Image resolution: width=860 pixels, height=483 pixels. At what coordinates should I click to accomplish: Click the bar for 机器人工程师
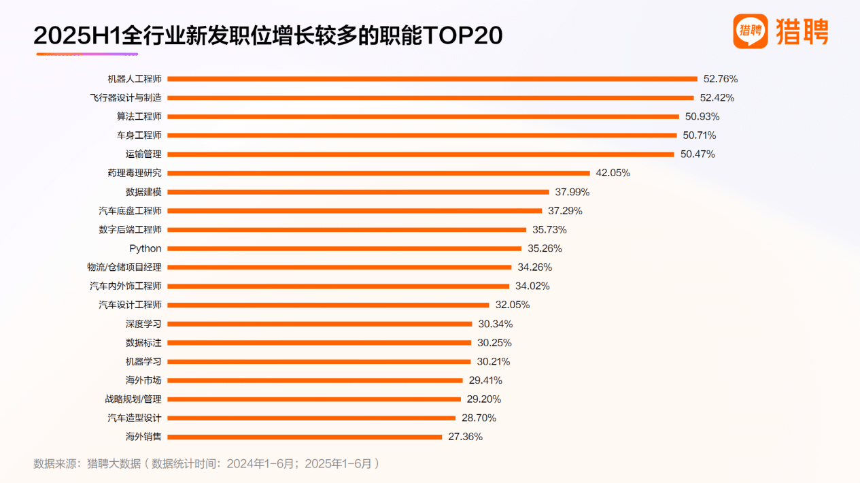432,79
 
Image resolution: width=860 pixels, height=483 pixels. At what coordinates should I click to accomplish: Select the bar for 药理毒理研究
379,173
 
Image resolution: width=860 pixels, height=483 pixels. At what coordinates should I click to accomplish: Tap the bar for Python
345,248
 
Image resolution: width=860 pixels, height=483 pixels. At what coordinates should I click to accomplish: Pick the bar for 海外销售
305,437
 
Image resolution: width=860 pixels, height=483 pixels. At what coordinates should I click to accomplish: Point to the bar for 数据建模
358,192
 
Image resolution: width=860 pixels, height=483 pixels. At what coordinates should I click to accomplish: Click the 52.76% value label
721,79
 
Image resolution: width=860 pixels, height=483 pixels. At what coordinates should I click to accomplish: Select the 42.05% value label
613,173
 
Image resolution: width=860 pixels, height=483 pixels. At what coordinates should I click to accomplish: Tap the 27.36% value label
466,437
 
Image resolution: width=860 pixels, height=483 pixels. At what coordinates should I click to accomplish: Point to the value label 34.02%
533,286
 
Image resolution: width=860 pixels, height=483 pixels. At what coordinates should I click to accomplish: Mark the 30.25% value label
494,342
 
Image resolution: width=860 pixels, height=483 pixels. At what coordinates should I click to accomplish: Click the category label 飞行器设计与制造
126,97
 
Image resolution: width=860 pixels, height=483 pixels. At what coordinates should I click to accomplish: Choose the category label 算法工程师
139,116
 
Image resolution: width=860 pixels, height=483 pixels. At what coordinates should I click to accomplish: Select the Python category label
145,248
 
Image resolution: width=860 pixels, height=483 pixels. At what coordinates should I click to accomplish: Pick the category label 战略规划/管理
134,399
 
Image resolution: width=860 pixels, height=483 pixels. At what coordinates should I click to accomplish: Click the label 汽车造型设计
135,418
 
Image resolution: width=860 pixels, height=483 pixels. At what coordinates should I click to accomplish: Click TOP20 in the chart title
462,36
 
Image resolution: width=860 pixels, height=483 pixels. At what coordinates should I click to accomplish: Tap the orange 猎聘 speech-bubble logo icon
750,31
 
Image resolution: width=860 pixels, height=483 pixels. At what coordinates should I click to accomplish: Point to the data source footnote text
206,464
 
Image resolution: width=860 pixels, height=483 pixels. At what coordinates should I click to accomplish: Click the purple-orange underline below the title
86,54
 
